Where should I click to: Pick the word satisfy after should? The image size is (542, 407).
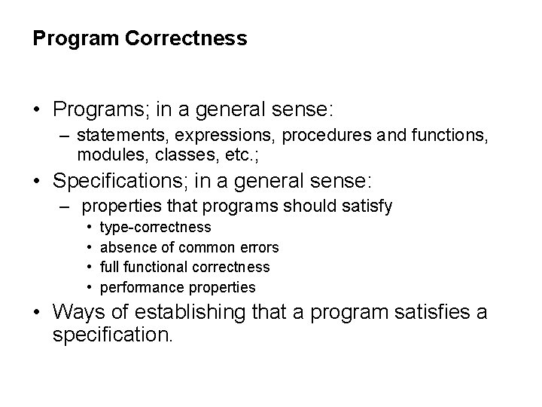(366, 206)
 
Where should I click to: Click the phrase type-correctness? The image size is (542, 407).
(156, 227)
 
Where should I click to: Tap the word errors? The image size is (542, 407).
(259, 247)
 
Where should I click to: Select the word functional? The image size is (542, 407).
(156, 267)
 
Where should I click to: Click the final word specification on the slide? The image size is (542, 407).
(114, 334)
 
